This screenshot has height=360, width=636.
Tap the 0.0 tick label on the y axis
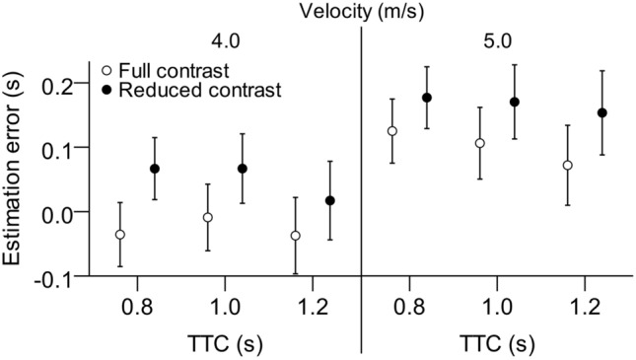[x=58, y=212]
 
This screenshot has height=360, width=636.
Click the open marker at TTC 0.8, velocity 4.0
[x=120, y=235]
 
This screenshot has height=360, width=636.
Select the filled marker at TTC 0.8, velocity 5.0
[x=427, y=98]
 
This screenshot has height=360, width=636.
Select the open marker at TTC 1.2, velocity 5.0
[x=568, y=166]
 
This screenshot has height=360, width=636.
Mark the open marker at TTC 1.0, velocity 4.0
[x=208, y=217]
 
